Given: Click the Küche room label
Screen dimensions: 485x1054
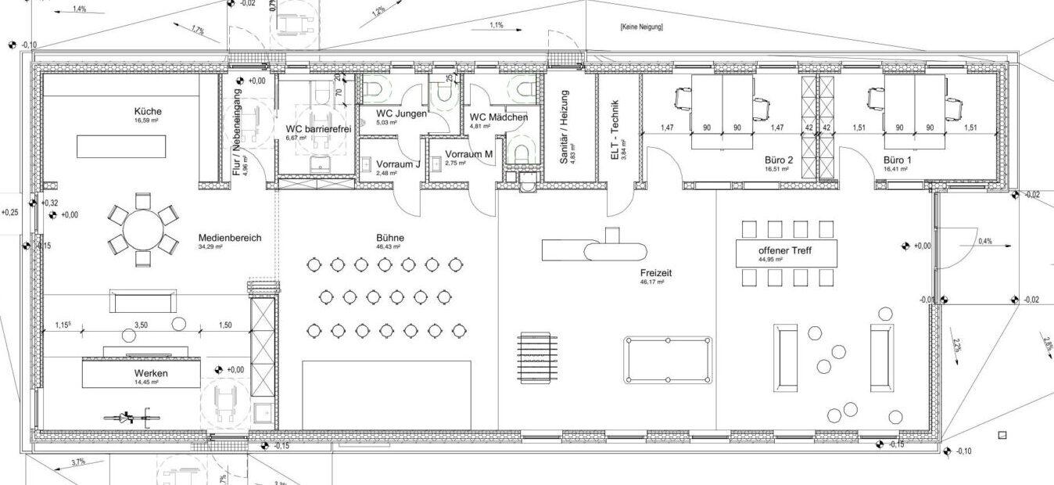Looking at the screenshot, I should tap(146, 112).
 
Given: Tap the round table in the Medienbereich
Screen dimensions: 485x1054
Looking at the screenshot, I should tap(142, 228).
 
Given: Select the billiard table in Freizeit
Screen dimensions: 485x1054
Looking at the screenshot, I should tap(669, 360).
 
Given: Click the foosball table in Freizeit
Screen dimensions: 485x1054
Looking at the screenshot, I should tap(538, 358).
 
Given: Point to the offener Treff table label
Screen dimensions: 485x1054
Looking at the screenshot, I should tap(787, 252).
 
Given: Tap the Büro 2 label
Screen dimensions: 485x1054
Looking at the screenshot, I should tap(778, 159).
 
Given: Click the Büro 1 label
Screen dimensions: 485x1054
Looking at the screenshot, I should tap(896, 159).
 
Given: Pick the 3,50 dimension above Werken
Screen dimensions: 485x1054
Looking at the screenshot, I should tap(142, 324).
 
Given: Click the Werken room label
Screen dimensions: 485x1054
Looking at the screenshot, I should tap(151, 374).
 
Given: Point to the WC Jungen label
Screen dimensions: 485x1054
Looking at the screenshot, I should tap(401, 114).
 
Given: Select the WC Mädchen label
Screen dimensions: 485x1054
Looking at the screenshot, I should tap(498, 117).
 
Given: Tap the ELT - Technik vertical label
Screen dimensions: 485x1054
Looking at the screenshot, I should tap(615, 130).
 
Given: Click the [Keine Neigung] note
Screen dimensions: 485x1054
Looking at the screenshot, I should tap(641, 27).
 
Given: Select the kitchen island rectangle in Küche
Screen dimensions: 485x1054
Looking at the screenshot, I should tap(121, 145).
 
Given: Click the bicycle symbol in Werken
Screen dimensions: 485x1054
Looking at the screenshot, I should tap(126, 418).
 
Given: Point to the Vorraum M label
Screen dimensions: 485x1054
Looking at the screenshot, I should tap(468, 154).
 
